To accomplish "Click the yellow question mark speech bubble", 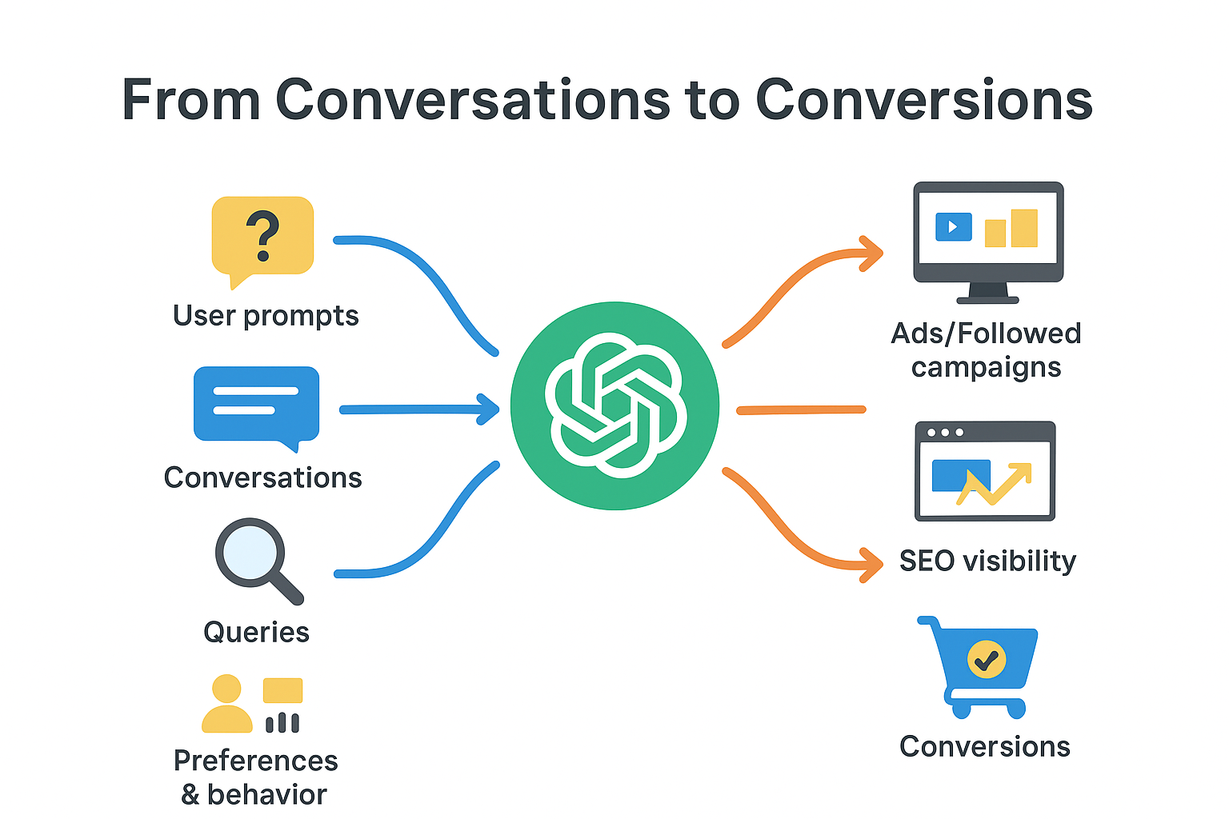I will (x=262, y=237).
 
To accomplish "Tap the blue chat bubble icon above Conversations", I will (x=256, y=404).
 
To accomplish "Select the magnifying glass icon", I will (x=254, y=557).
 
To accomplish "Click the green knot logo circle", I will (x=614, y=406).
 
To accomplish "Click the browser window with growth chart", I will (x=985, y=471).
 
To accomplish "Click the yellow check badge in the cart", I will (x=987, y=660).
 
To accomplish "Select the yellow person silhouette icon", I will (x=226, y=704).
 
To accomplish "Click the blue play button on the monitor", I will (x=953, y=226).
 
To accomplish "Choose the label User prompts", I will (x=266, y=316).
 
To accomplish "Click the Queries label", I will (x=256, y=632).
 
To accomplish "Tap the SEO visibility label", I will (x=987, y=561).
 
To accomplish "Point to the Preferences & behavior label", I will (x=255, y=777).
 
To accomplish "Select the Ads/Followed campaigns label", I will (x=986, y=350).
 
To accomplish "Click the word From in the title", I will (x=191, y=100).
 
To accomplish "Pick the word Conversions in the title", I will (x=924, y=100).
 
